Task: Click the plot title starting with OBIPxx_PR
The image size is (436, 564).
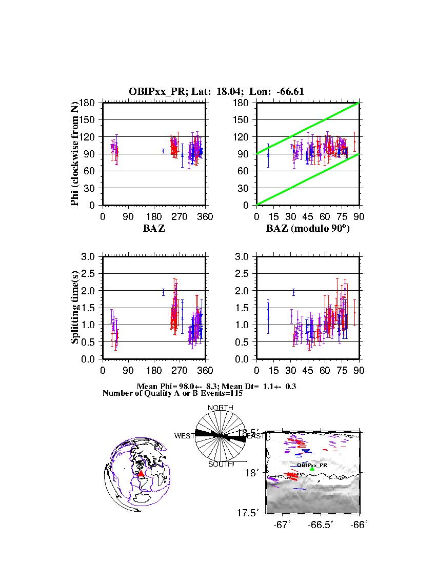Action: pos(217,91)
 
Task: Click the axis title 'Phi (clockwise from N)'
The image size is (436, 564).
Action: pos(75,154)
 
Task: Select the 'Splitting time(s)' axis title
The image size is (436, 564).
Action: pos(75,308)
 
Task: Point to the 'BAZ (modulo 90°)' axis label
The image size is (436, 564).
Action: pos(308,229)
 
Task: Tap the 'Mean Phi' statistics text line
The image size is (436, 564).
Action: pos(216,386)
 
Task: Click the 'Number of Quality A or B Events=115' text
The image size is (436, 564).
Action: pos(169,393)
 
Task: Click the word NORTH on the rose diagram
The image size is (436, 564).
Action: pos(220,408)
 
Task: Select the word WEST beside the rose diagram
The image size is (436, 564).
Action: pos(184,436)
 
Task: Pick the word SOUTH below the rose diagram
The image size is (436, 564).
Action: pos(220,465)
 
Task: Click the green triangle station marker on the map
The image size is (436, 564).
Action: pos(312,469)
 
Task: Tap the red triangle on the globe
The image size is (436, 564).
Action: pos(141,473)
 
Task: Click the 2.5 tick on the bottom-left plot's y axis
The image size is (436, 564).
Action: pos(91,273)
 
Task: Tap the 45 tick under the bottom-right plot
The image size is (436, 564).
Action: pos(308,371)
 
